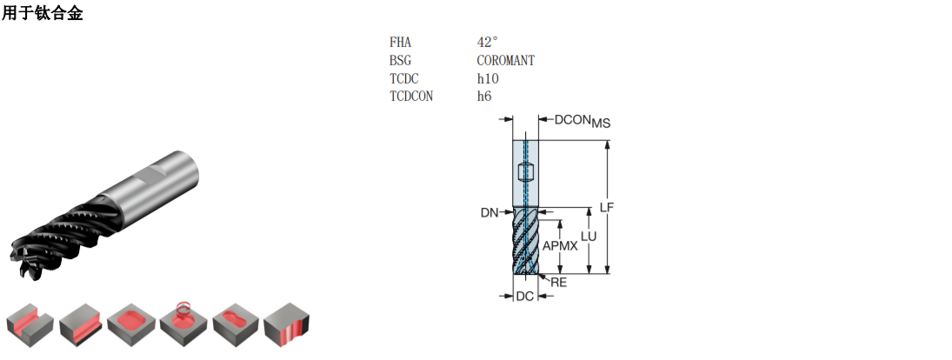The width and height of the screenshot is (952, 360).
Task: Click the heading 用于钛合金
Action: (42, 13)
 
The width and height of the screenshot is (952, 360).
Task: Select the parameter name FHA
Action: (400, 43)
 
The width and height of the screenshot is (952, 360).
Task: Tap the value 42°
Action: (487, 42)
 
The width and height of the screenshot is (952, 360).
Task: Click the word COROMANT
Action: (506, 61)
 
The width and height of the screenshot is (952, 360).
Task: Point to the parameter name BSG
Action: (400, 61)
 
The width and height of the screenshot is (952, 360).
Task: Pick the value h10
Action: (488, 78)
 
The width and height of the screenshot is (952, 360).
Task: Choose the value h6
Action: (484, 96)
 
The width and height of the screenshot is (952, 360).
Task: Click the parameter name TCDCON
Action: (411, 96)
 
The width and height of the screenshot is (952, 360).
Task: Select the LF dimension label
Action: (607, 207)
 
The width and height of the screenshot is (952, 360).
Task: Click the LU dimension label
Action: (589, 237)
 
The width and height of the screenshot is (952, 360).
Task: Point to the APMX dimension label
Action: (560, 246)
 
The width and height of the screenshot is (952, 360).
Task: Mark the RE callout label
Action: (558, 283)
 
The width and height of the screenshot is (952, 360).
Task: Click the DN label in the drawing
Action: (489, 212)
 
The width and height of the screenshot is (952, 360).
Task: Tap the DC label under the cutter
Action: (524, 297)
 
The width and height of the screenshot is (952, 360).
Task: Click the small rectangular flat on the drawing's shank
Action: (525, 173)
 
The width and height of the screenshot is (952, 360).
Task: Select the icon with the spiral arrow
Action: (183, 323)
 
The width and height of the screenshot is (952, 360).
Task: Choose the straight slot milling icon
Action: (30, 325)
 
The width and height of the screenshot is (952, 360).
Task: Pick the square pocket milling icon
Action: (131, 325)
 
